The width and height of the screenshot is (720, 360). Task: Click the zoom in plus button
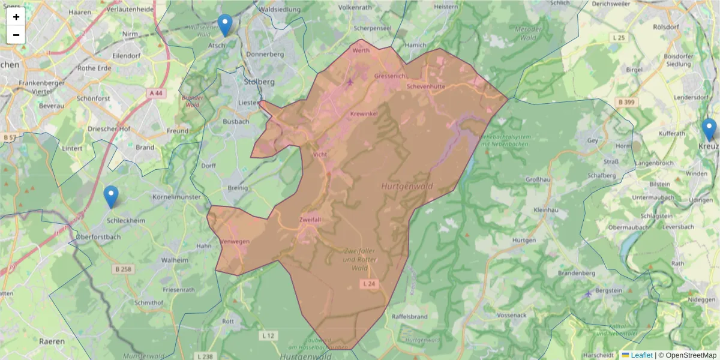(x=16, y=17)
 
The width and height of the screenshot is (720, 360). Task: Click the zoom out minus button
(x=16, y=35)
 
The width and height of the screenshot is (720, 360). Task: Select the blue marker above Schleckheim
(x=111, y=196)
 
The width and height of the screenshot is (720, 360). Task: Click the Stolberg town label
(x=259, y=81)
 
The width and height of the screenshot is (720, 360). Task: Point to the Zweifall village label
(x=310, y=220)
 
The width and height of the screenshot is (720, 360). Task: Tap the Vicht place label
(x=320, y=154)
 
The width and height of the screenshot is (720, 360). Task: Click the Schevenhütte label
(x=425, y=86)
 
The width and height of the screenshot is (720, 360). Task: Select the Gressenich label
(x=390, y=76)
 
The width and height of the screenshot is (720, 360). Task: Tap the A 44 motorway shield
(x=155, y=93)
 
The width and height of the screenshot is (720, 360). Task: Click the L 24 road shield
(x=369, y=283)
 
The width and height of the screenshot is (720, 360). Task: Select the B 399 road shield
(x=626, y=102)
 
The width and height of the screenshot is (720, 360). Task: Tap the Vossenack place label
(x=512, y=315)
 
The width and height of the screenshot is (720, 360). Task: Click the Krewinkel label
(x=364, y=113)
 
